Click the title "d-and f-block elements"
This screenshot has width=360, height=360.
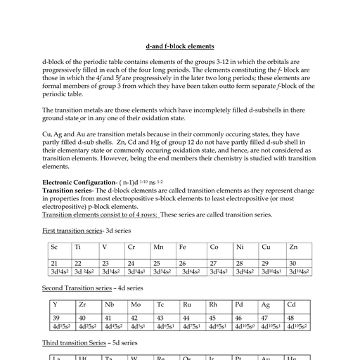point(180,46)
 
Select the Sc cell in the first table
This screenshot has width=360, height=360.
point(54,247)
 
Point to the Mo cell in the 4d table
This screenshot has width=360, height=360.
point(136,305)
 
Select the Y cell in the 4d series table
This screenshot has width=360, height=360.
point(55,305)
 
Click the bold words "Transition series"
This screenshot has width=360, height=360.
point(67,191)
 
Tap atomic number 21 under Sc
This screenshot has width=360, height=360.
point(56,262)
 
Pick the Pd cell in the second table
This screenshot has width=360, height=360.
point(240,305)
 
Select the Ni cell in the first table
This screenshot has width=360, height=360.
point(240,247)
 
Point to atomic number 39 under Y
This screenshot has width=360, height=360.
point(56,318)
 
